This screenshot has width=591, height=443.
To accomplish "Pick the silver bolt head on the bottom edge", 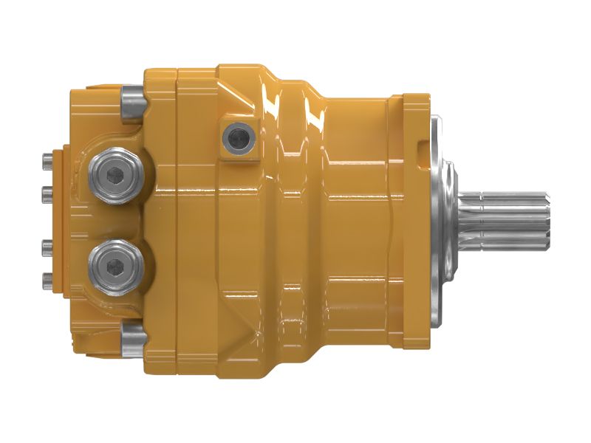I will click(132, 337).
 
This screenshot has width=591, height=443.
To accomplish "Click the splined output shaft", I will click(510, 221).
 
